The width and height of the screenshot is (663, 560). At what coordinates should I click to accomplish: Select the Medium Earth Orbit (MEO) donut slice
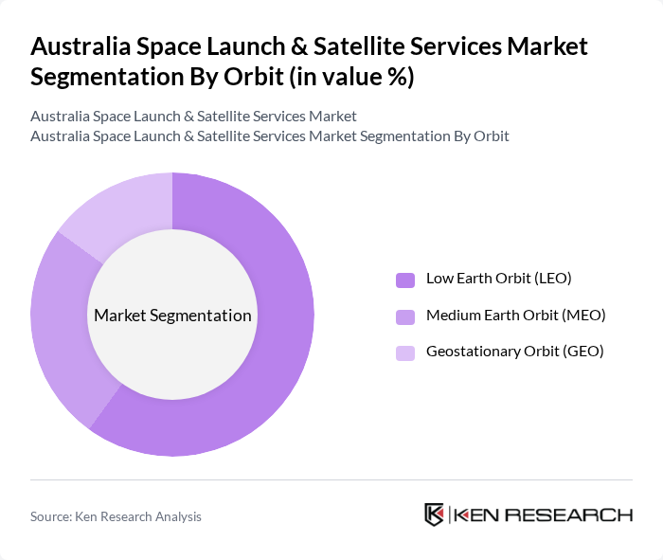(x=59, y=322)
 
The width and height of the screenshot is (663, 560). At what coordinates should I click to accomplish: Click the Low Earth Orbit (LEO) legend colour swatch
(x=405, y=280)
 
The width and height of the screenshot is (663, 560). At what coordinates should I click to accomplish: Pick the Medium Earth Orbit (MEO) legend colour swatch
(x=405, y=316)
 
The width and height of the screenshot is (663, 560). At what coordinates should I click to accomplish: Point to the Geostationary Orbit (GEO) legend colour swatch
(x=405, y=352)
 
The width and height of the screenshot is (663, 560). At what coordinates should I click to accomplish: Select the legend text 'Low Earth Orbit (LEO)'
(x=498, y=279)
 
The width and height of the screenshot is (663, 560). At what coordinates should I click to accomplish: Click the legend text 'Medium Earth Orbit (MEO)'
(x=515, y=315)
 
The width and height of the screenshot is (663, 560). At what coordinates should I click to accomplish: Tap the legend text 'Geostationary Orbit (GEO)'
(x=514, y=352)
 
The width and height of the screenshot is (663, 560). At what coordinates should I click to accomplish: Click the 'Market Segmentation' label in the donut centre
(x=172, y=316)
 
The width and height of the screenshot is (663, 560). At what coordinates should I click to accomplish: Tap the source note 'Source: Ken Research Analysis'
(x=116, y=516)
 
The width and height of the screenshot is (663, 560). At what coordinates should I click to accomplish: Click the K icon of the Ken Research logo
(x=435, y=515)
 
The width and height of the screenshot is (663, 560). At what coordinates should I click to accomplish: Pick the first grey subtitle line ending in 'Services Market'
(x=193, y=117)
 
